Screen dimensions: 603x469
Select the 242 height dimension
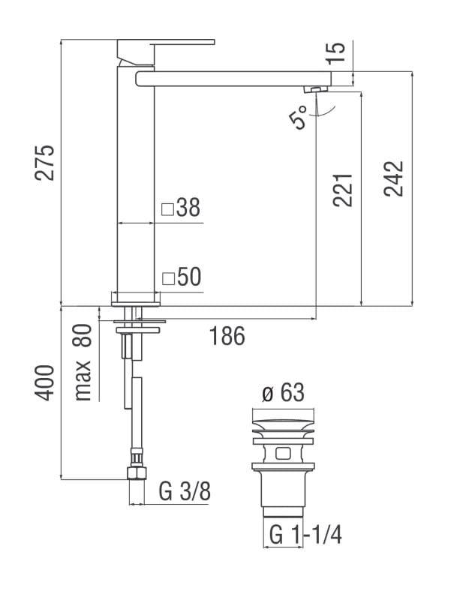[x=394, y=178]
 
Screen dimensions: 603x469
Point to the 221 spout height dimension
[x=342, y=190]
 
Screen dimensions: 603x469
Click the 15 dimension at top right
[x=337, y=52]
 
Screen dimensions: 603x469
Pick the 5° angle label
[x=298, y=118]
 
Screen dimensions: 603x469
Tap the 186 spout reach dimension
[x=227, y=336]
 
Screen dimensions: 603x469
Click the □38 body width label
[x=182, y=208]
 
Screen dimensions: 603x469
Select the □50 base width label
[x=182, y=277]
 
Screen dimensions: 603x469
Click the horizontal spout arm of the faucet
[x=233, y=78]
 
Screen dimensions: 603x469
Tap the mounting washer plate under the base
[x=137, y=327]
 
